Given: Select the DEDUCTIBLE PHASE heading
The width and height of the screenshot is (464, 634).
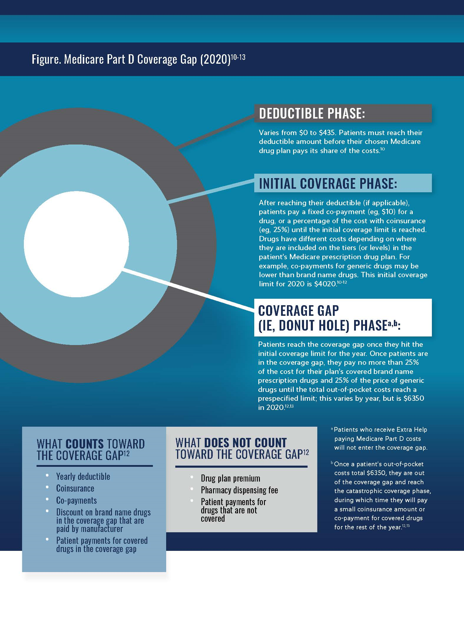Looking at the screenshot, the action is click(312, 114).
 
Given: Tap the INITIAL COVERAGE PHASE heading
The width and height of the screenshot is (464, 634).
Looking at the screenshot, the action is click(328, 183).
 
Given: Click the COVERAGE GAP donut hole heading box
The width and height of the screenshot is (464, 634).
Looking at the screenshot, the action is click(343, 318).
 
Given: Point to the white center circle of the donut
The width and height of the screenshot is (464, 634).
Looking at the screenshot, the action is click(76, 244).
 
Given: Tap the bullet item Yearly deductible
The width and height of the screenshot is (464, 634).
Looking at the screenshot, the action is click(83, 477).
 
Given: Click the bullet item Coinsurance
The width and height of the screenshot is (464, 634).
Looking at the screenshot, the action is click(75, 488).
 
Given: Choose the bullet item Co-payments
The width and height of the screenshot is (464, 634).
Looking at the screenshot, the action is click(76, 500).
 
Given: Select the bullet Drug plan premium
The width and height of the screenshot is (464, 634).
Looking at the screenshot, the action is click(230, 478).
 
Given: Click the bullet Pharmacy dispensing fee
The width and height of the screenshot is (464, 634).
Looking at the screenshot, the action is click(239, 490).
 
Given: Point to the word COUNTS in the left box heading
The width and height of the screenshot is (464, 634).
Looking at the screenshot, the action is click(85, 444).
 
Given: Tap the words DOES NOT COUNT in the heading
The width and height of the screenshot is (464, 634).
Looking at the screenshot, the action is click(245, 443).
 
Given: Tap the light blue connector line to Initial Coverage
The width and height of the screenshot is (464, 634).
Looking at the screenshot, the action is click(211, 192).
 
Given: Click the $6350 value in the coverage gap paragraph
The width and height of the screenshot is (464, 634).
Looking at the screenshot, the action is click(414, 398).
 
